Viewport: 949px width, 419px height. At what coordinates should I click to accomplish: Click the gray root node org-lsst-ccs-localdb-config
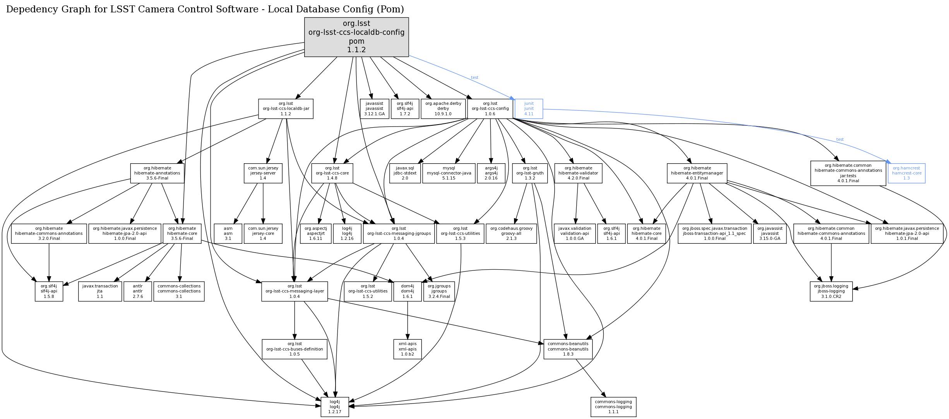click(356, 37)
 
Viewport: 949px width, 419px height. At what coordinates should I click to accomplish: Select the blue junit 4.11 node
click(529, 109)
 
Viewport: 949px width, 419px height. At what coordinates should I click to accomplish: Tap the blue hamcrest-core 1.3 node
click(906, 173)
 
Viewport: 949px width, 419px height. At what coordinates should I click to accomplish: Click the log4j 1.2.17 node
click(334, 407)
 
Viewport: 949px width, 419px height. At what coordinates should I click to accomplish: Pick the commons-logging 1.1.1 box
click(613, 407)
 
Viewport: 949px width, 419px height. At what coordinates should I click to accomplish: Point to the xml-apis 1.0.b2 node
click(407, 349)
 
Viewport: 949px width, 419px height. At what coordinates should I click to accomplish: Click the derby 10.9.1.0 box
click(443, 109)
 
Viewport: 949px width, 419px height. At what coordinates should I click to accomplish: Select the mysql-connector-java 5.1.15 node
click(449, 173)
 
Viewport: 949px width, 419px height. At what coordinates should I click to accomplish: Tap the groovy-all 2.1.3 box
click(511, 234)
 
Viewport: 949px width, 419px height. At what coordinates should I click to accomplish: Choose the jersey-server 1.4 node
click(263, 173)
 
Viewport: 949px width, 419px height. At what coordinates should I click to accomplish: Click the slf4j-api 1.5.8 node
click(49, 291)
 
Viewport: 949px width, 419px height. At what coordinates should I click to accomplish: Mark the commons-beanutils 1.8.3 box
click(568, 349)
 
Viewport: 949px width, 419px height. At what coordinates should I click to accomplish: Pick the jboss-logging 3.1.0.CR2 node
click(831, 291)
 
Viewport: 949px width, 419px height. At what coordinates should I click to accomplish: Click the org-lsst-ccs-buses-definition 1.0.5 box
click(295, 349)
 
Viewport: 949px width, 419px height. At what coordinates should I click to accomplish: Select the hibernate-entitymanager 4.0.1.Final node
click(697, 173)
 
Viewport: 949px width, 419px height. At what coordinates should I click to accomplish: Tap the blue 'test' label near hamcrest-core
click(840, 139)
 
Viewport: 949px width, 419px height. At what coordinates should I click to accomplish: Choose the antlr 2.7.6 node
click(138, 291)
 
